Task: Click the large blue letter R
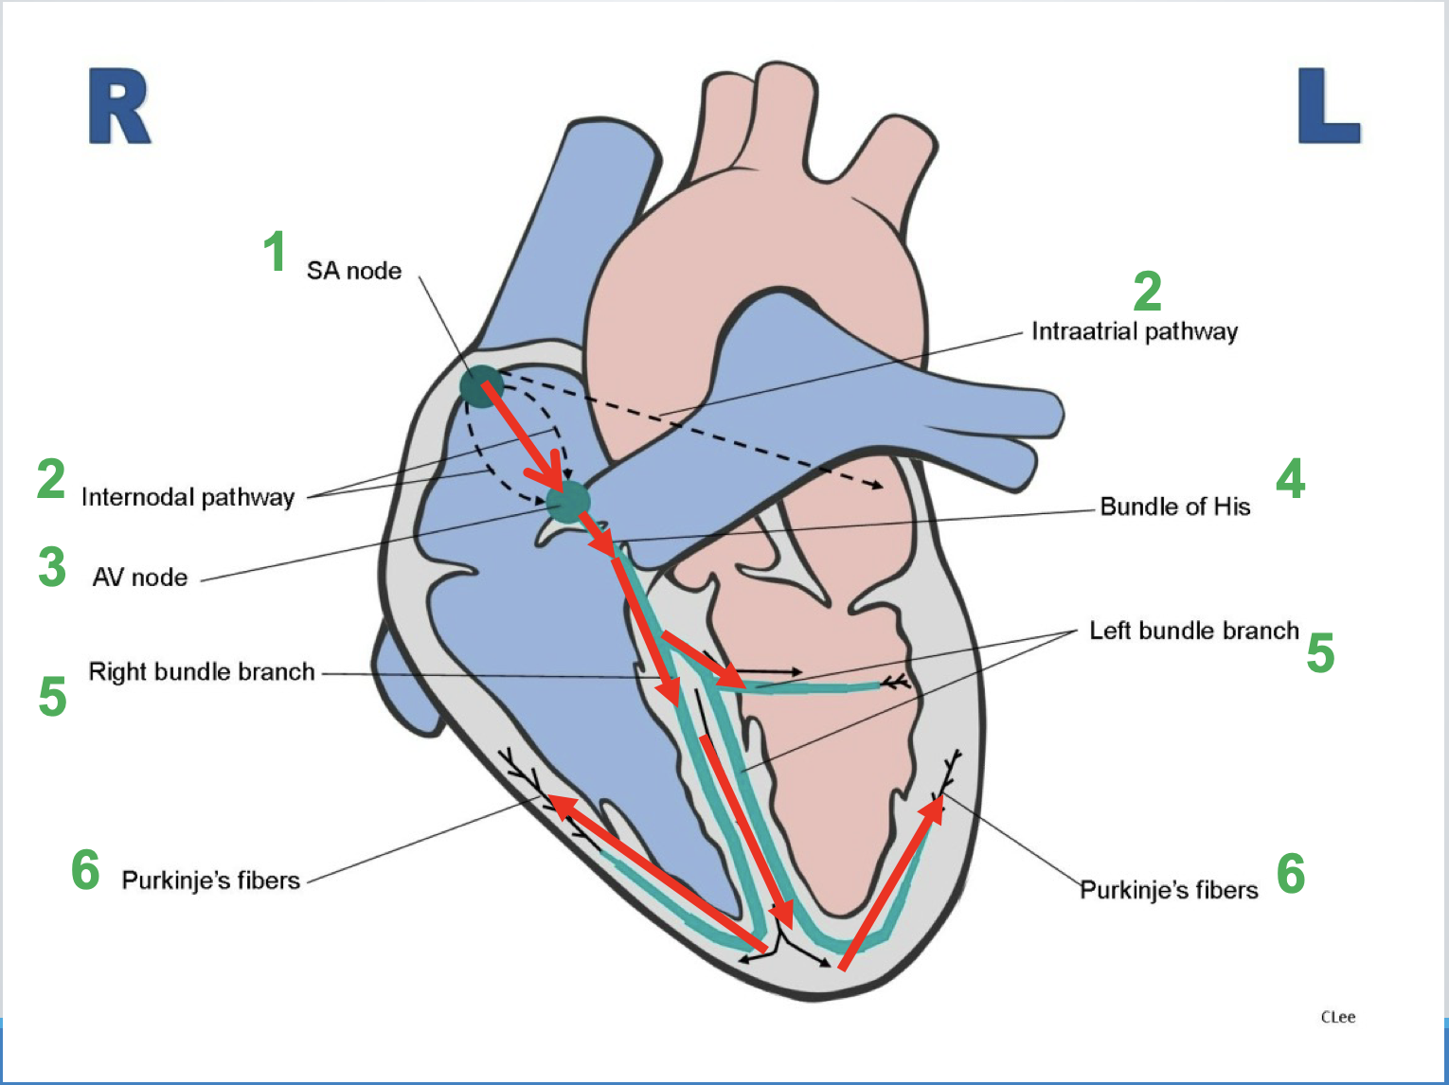(119, 106)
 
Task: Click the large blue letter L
(1328, 106)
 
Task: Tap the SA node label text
(354, 272)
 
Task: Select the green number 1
(275, 252)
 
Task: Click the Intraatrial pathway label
(1134, 331)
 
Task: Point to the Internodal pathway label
(188, 497)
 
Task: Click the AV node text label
(140, 578)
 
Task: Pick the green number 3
(52, 567)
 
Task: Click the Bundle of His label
(1174, 507)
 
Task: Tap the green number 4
(1290, 479)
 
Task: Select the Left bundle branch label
(1193, 631)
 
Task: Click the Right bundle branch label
(202, 672)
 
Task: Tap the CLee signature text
(1337, 1017)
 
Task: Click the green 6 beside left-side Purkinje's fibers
(86, 870)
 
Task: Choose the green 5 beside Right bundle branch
(52, 697)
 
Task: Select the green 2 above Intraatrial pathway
(1147, 291)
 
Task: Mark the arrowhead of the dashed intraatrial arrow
(878, 485)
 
